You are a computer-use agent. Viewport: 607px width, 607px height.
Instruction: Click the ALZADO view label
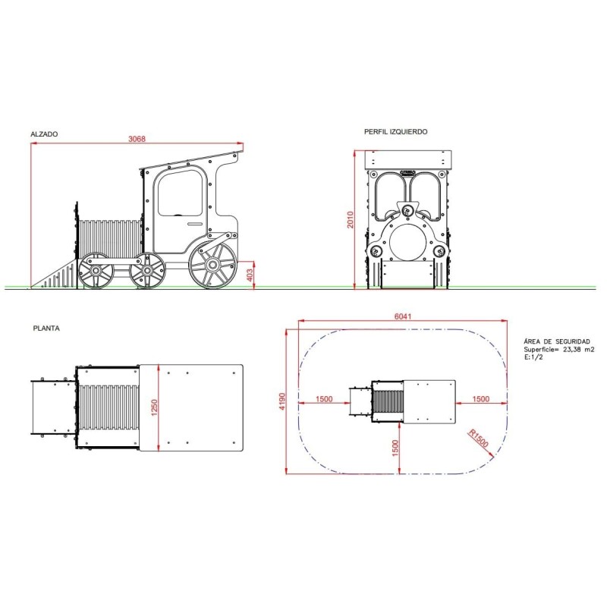coord(44,134)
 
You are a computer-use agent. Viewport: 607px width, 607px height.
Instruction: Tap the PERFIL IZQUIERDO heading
coord(395,132)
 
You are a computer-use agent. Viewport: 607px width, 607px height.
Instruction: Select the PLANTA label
coord(46,329)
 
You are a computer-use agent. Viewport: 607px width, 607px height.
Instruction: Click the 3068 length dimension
coord(137,139)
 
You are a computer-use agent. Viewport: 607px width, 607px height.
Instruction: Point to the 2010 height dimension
coord(351,219)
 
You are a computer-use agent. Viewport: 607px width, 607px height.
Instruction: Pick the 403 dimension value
coord(250,275)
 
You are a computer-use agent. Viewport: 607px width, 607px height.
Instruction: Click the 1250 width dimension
coord(155,407)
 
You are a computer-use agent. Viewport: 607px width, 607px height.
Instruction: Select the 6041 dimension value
coord(403,316)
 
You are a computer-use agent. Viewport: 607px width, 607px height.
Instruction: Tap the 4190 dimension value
coord(282,401)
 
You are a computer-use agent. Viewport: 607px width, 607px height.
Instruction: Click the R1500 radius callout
coord(479,439)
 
